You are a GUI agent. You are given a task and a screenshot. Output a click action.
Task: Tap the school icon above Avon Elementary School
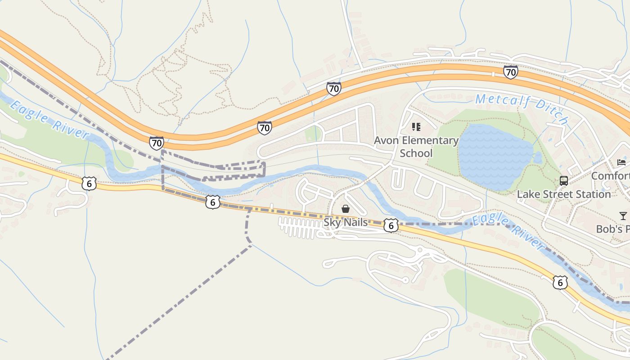(x=416, y=127)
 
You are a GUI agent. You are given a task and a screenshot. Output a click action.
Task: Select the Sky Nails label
(x=346, y=222)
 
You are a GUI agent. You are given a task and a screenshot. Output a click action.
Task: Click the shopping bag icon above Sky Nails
(x=346, y=209)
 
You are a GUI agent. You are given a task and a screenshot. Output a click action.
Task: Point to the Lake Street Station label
(x=563, y=194)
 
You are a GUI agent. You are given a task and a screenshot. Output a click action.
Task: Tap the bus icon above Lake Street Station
(x=563, y=181)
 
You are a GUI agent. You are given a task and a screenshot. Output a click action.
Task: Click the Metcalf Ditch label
(x=522, y=108)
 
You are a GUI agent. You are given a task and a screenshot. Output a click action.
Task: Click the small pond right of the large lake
(x=537, y=157)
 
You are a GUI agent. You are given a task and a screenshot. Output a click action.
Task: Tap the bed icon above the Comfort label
(x=621, y=162)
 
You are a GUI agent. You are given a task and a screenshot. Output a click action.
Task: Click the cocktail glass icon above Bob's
(x=623, y=216)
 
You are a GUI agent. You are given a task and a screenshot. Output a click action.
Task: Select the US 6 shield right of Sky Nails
(x=391, y=225)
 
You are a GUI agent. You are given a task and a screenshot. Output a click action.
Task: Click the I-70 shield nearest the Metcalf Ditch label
(x=510, y=72)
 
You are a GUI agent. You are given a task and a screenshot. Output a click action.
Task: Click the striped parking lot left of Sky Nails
(x=300, y=228)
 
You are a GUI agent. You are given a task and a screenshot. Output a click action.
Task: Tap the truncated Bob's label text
(x=612, y=229)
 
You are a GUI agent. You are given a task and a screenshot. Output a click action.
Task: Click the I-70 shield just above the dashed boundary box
(x=156, y=144)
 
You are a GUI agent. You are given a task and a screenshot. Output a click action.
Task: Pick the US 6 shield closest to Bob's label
(x=560, y=283)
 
